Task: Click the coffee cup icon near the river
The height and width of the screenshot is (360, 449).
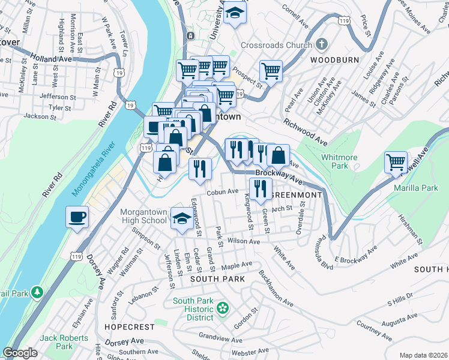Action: tap(77, 217)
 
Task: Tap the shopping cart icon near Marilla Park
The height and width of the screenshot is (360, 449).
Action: tap(396, 162)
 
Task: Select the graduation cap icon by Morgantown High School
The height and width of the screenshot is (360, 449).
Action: tap(181, 219)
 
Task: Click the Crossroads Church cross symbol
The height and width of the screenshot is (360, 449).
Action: tap(322, 45)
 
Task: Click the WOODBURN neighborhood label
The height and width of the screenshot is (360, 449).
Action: tap(334, 60)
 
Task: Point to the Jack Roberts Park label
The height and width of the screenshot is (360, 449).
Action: tap(64, 342)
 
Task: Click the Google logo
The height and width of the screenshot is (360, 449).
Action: tap(20, 353)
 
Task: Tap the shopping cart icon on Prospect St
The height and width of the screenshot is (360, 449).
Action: tap(271, 71)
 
